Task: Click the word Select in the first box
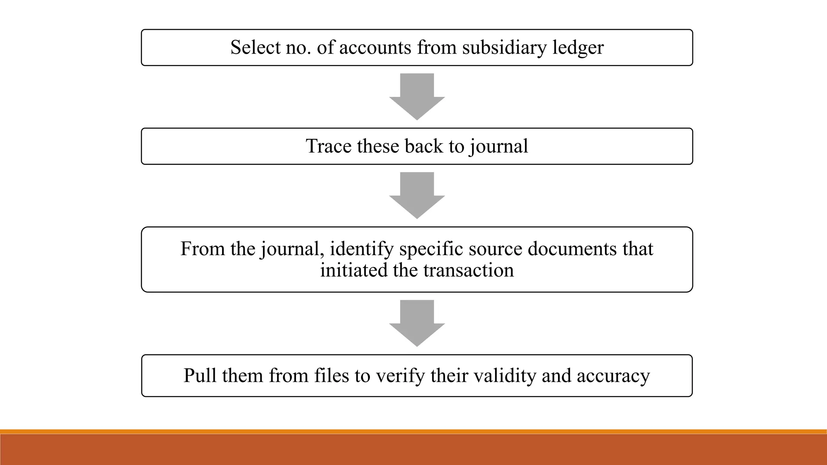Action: coord(255,48)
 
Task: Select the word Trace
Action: coord(328,146)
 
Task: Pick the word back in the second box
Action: coord(424,146)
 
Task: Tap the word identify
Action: coord(361,249)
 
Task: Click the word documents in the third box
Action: coord(572,249)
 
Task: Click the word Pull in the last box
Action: coord(200,375)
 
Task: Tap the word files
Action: coord(332,375)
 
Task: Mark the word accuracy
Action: coord(613,376)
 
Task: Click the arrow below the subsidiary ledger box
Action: coord(417,96)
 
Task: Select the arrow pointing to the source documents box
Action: coord(417,195)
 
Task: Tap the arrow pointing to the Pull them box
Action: coord(417,323)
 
